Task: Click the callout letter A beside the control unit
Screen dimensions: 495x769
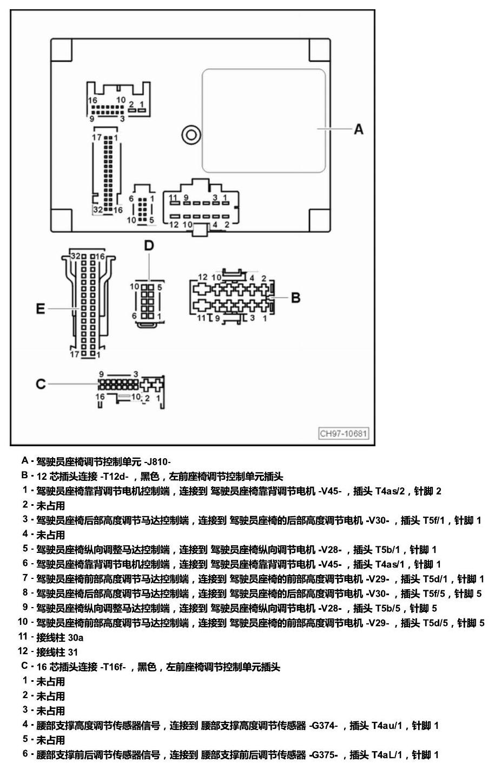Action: coord(359,129)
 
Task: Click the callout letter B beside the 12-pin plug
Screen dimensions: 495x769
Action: coord(295,298)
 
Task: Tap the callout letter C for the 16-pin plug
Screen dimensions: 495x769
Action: coord(41,384)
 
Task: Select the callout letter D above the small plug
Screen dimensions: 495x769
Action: coord(149,245)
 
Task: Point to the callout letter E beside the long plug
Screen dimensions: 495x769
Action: coord(41,309)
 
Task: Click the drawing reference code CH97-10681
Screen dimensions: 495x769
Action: coord(344,433)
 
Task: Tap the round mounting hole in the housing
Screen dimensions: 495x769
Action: coord(191,135)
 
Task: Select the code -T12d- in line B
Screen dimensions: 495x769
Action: coord(114,477)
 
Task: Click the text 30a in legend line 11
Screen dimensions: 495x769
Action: coord(76,638)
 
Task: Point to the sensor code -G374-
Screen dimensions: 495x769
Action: coord(324,725)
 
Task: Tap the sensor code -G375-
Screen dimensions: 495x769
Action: coord(324,754)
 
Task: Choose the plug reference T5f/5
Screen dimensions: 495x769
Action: coord(434,594)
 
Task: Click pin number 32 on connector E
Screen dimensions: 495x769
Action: coord(76,256)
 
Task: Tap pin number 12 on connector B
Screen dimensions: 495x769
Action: coord(203,277)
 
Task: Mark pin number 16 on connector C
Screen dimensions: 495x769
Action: coord(100,397)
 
